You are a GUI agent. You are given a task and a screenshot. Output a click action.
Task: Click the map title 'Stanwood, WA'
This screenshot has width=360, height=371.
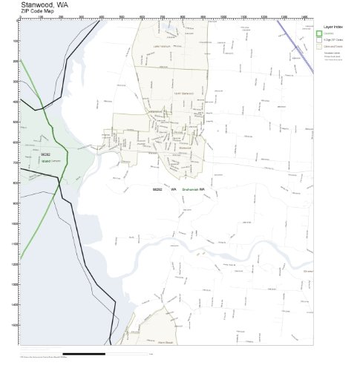coord(48,5)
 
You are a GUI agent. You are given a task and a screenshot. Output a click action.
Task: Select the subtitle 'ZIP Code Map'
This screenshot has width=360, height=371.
coord(37,13)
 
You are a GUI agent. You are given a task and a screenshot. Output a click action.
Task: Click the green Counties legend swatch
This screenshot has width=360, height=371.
coord(318,33)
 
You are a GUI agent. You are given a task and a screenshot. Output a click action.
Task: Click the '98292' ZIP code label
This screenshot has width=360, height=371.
coord(157,190)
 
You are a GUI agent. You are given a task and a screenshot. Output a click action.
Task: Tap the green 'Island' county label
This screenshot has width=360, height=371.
coord(35,160)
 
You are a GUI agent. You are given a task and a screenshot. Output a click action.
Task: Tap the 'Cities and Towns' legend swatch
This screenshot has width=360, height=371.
coord(318,45)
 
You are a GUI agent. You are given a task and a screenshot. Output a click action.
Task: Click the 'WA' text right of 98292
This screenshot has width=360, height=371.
coord(174,190)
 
